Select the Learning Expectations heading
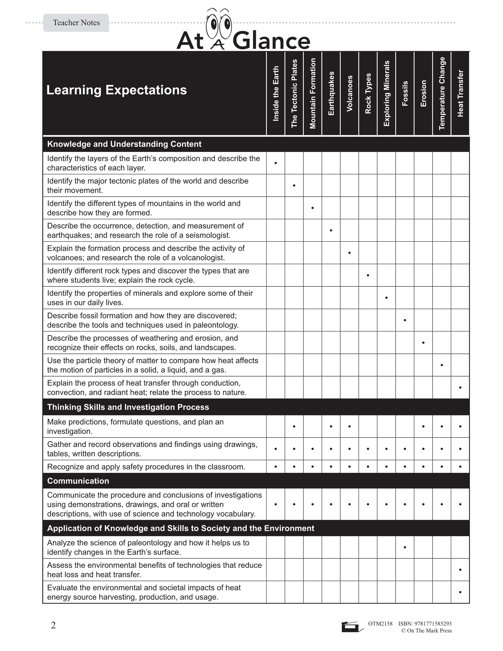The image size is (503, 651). [116, 90]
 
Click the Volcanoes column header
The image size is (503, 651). [349, 94]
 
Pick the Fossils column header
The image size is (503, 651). [405, 94]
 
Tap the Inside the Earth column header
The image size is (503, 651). [276, 94]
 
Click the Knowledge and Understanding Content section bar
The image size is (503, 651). [124, 144]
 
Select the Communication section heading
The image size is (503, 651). [78, 481]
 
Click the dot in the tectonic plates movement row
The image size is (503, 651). [294, 185]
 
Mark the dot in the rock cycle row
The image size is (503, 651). [368, 275]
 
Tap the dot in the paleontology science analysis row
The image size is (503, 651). [405, 547]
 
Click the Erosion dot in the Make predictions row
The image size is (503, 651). [423, 426]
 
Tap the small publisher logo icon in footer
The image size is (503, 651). [352, 627]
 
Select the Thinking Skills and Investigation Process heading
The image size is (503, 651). [128, 407]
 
